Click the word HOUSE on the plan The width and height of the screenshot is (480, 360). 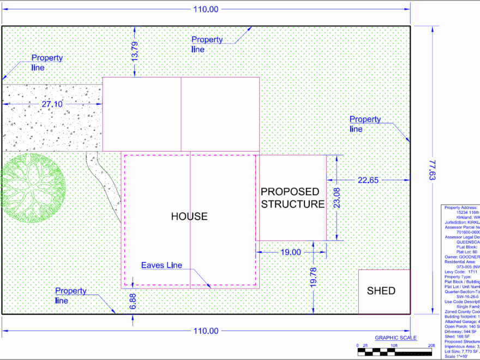pyautogui.click(x=189, y=217)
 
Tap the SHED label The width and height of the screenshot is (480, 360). pyautogui.click(x=381, y=291)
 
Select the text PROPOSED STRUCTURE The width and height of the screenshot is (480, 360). pyautogui.click(x=292, y=198)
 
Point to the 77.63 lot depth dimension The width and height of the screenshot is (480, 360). pyautogui.click(x=433, y=170)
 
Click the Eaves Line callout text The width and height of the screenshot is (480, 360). pyautogui.click(x=161, y=266)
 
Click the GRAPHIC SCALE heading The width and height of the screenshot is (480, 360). pyautogui.click(x=395, y=338)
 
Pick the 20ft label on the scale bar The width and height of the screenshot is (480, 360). pyautogui.click(x=430, y=345)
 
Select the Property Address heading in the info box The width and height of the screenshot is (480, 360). pyautogui.click(x=461, y=207)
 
